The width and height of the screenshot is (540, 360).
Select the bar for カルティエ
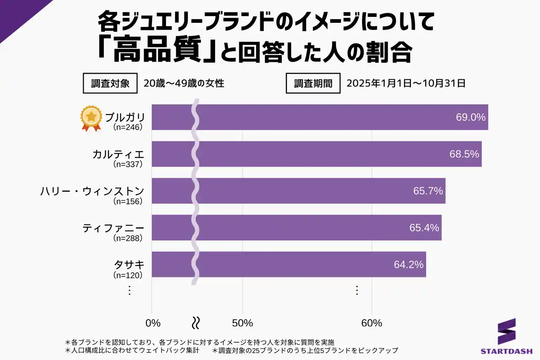coord(316,154)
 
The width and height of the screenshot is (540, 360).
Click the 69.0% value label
coord(471,117)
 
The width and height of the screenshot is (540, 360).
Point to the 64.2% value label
coord(408,265)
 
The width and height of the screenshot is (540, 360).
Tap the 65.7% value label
coord(428,191)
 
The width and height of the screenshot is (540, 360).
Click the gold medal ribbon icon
coord(92,118)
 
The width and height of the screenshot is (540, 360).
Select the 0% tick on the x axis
coord(153,323)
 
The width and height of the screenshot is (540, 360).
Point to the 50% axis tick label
coord(243,323)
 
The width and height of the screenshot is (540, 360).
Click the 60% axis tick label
coord(372,323)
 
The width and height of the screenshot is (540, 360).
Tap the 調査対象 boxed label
coord(110,84)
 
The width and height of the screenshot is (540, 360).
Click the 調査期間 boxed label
coord(313,84)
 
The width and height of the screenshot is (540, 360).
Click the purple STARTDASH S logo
coord(507,331)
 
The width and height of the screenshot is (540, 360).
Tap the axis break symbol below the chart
coord(196,323)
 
